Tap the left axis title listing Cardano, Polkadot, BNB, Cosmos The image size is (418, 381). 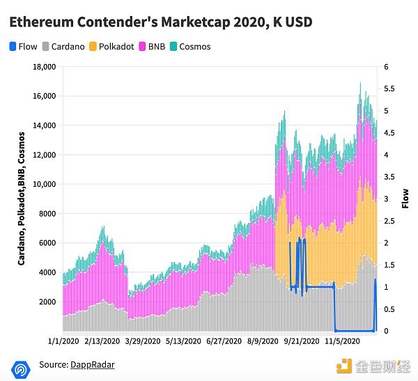(22, 199)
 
